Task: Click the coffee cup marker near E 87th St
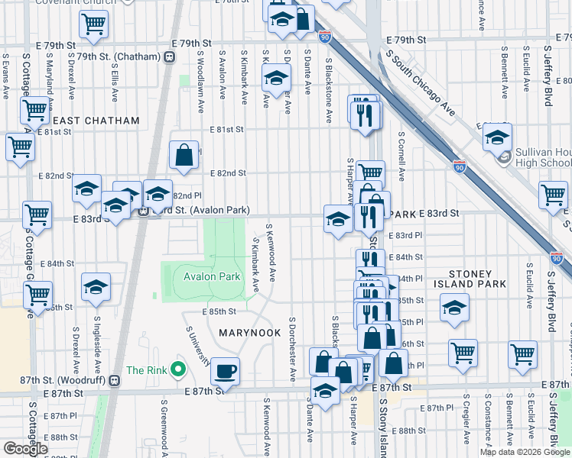point(225,372)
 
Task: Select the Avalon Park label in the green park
point(212,276)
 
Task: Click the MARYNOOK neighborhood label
point(252,333)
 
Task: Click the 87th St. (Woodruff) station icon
point(114,379)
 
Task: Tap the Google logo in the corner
point(25,449)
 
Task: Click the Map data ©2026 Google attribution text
point(525,453)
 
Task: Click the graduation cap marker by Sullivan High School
point(497,137)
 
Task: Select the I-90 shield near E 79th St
point(324,36)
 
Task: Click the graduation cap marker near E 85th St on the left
point(96,287)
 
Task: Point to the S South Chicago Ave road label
point(420,84)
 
